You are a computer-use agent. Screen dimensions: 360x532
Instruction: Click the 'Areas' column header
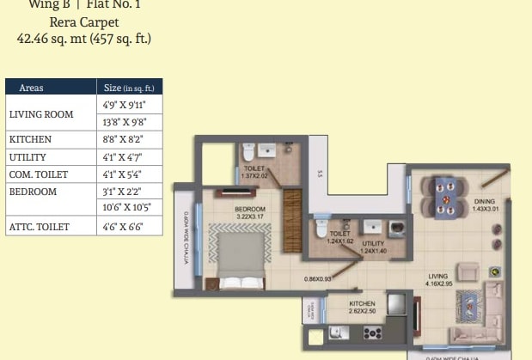[32, 88]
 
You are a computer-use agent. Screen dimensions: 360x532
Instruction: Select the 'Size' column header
[128, 88]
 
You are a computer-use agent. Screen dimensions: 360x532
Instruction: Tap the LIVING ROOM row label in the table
[40, 113]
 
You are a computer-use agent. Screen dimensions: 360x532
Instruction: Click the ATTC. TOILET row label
[39, 227]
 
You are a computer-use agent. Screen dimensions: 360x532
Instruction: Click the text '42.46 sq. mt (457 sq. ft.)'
[84, 38]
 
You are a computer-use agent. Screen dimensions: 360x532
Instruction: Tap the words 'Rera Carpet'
[84, 22]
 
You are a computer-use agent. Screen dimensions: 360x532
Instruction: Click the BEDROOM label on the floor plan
[250, 209]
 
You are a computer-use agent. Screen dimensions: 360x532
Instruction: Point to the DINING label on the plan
[485, 202]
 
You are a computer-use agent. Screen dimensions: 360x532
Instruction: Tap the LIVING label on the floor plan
[438, 277]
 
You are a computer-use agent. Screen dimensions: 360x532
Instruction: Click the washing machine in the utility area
[396, 229]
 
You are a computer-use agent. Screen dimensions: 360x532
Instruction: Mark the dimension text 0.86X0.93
[317, 278]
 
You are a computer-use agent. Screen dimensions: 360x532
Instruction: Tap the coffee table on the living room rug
[471, 303]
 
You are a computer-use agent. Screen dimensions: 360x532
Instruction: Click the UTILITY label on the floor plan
[372, 243]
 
